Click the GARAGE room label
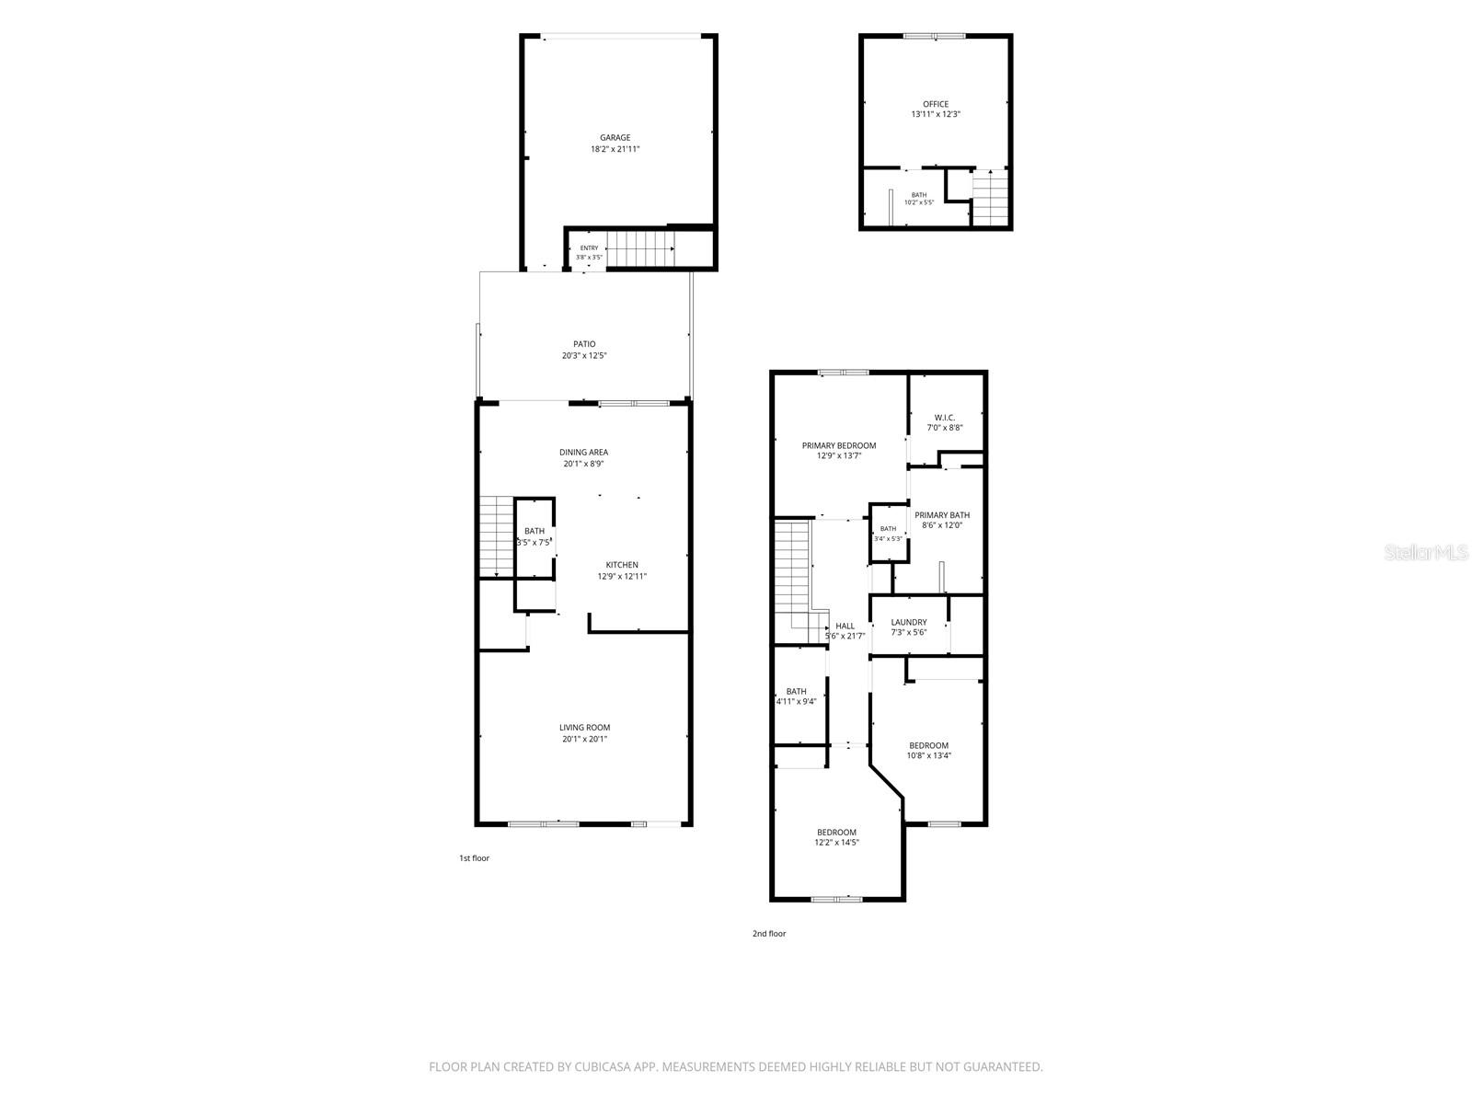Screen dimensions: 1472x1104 pos(615,137)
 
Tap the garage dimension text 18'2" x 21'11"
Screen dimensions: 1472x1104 pos(615,149)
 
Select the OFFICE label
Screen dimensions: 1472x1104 pos(935,104)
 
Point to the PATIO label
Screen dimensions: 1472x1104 pos(584,344)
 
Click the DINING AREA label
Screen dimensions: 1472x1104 pos(583,452)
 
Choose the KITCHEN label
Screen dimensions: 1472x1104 pos(622,564)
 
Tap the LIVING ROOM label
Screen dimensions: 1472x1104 pos(584,728)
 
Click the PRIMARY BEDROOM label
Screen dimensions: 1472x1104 pos(838,446)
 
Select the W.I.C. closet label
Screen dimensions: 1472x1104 pos(944,418)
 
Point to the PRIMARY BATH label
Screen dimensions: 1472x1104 pos(941,515)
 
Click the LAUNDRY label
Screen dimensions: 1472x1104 pos(909,622)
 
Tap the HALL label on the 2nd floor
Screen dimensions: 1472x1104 pos(845,627)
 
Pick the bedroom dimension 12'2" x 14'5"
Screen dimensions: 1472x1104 pos(836,843)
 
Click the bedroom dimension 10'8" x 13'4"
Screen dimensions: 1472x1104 pos(929,755)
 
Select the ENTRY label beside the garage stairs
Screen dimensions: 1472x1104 pos(589,248)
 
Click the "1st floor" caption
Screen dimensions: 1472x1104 pos(474,858)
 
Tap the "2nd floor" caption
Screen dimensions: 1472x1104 pos(768,933)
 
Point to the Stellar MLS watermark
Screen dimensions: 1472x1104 pos(1426,552)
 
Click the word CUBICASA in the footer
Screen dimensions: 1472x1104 pos(603,1066)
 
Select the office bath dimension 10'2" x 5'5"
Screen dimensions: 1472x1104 pos(919,202)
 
